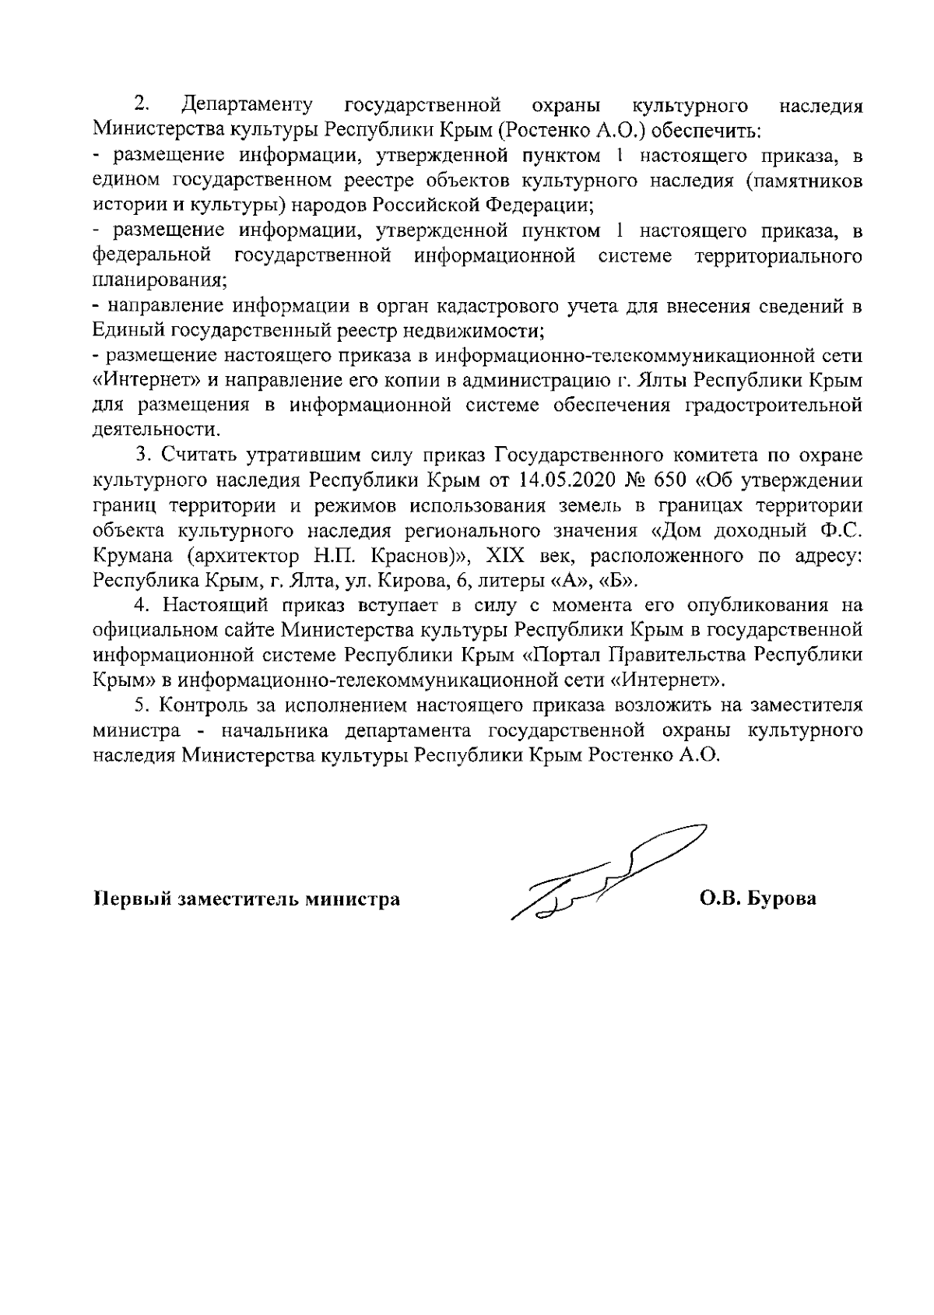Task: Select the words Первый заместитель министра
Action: click(248, 900)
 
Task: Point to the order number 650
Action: click(677, 480)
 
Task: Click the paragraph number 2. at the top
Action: click(142, 104)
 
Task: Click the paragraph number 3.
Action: click(142, 455)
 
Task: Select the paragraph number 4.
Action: click(142, 605)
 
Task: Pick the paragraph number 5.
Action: click(142, 705)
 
